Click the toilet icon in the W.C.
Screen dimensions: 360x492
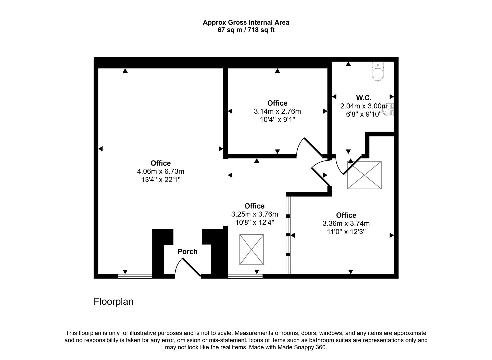tap(378, 72)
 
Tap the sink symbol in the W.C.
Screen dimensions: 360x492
tap(389, 110)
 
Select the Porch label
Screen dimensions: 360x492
tap(187, 252)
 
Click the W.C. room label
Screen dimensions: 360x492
tap(364, 98)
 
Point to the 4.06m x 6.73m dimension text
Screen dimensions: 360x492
tap(161, 171)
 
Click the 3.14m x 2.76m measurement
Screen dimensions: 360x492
tap(277, 111)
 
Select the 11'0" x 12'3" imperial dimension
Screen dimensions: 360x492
tap(346, 232)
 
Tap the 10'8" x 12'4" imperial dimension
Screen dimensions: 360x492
tap(255, 222)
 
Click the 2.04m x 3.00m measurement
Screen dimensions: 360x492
tap(364, 106)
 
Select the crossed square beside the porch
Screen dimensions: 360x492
tap(251, 250)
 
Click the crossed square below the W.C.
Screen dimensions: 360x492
tap(364, 175)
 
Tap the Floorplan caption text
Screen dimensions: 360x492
tap(113, 302)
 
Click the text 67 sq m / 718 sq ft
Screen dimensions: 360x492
tap(246, 30)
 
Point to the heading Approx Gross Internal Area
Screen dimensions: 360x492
tap(246, 23)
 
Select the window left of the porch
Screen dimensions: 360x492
tap(135, 276)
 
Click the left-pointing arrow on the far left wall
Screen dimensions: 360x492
tap(100, 149)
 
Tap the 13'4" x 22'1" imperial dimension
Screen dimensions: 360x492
tap(161, 180)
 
